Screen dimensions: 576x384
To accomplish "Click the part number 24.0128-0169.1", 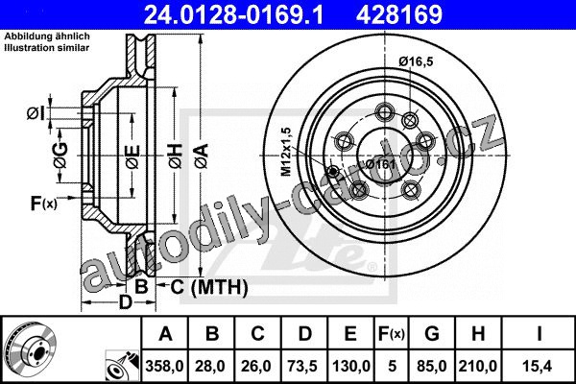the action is click(x=233, y=14).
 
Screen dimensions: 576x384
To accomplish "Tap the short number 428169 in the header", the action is click(x=399, y=14).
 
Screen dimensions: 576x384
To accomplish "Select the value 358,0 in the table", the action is click(x=164, y=366).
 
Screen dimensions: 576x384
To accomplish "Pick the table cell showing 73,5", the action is click(x=302, y=366).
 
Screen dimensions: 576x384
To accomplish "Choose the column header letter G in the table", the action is click(x=432, y=334).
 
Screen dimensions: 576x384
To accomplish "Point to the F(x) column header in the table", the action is click(x=392, y=334).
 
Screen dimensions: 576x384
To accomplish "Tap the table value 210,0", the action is click(x=477, y=366).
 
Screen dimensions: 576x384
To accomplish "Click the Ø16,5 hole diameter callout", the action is click(x=417, y=61).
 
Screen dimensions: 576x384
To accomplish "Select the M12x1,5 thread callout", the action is click(x=286, y=152).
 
